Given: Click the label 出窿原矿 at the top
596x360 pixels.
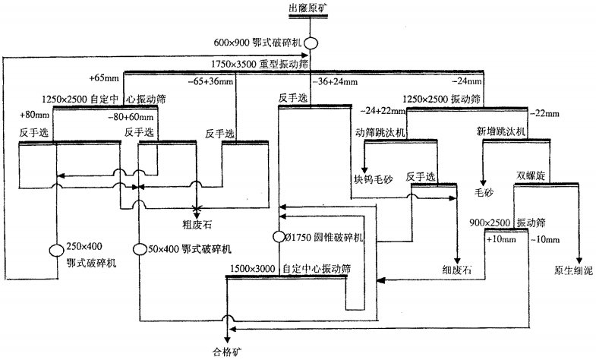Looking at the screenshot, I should coord(310,8).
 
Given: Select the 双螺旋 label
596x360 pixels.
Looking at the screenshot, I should coord(531,175).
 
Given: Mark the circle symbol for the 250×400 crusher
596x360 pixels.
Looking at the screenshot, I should coord(56,250).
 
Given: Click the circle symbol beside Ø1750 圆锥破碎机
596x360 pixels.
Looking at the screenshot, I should coord(279,236).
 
